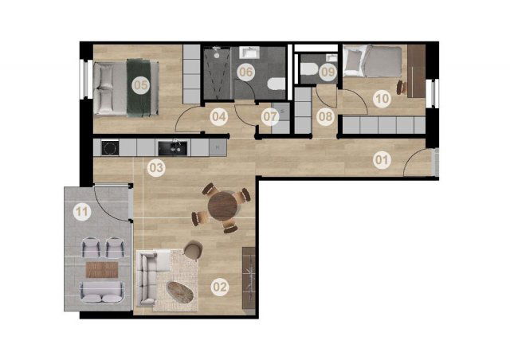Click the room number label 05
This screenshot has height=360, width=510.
point(141,85)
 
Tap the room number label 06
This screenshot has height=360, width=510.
point(245,72)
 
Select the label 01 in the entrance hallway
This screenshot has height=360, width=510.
point(382,160)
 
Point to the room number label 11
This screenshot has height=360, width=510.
point(81,212)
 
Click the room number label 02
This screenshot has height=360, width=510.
point(220,288)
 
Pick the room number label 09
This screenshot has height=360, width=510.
point(328,72)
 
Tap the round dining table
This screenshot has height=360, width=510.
point(223,205)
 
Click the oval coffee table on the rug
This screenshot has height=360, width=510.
point(180,292)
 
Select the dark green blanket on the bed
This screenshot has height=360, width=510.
point(139,88)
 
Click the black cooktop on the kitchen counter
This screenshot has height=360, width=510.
point(110,148)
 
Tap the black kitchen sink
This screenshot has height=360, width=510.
point(173,148)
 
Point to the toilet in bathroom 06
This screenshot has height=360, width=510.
point(277,84)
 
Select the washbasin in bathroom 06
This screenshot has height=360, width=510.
point(249,53)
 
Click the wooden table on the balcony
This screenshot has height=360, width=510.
point(102,269)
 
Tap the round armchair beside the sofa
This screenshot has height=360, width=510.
point(193,250)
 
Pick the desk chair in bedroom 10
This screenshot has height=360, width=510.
point(402,87)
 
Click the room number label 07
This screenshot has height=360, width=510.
point(269,116)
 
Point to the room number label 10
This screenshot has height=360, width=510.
point(382,98)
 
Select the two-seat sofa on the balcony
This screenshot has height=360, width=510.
point(102,292)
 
